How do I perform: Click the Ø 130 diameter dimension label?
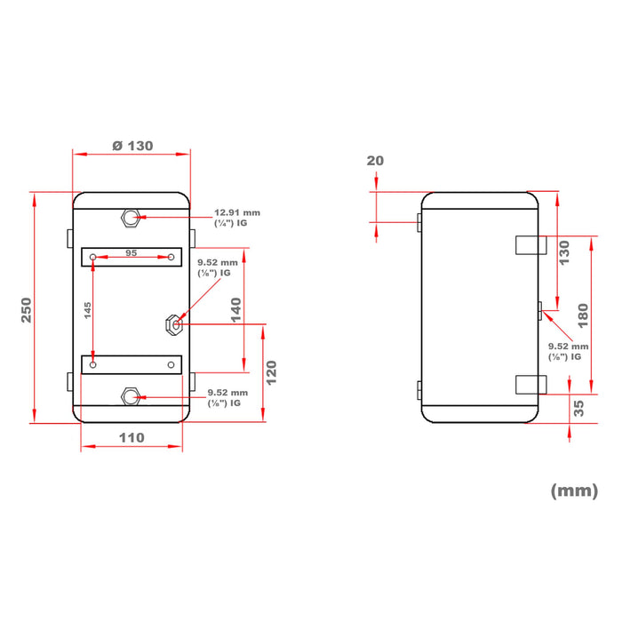tap(132, 146)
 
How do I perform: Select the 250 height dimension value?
tap(26, 310)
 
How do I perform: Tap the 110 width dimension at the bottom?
tap(132, 437)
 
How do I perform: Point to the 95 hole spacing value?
tap(132, 252)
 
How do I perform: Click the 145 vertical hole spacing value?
tap(88, 310)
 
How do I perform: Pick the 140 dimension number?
tap(236, 310)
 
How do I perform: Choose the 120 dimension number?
tap(271, 372)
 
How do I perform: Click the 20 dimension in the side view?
tap(375, 161)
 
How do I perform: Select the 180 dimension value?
tap(583, 315)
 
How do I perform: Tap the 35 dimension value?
tap(578, 408)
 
